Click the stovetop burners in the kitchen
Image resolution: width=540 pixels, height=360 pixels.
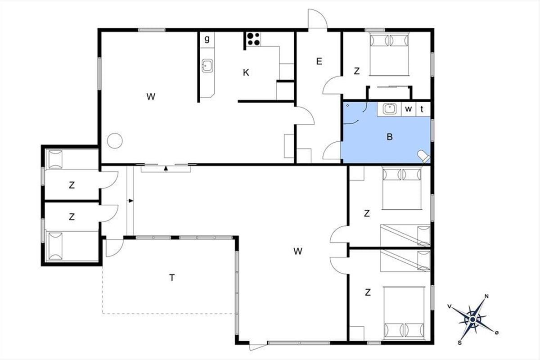[x=253, y=39]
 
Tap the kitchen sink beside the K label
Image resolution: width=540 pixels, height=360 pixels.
[x=207, y=66]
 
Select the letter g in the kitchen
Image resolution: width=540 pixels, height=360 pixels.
[x=207, y=39]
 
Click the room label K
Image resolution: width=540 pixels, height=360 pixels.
[x=246, y=72]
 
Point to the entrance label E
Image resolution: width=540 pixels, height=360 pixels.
[x=319, y=62]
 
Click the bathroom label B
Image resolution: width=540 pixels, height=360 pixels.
[x=390, y=137]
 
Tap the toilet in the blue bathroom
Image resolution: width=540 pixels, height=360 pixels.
[x=424, y=156]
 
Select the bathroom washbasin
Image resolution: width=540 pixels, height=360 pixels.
[x=389, y=109]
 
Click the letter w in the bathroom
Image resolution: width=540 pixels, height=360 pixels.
[x=409, y=109]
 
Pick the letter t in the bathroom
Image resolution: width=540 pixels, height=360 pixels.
[x=422, y=109]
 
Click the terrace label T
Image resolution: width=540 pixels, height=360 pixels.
[x=172, y=278]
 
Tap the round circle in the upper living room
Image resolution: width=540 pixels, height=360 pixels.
[x=115, y=140]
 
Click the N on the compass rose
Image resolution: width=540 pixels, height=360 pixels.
[x=486, y=297]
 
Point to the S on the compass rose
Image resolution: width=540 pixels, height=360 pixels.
[x=460, y=342]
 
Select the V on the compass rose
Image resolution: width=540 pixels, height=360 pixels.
[x=450, y=306]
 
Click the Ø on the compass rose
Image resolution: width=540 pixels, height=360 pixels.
[x=497, y=333]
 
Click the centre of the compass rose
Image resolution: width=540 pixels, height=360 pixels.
[x=473, y=320]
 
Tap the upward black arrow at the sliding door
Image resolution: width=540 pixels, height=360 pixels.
[x=166, y=169]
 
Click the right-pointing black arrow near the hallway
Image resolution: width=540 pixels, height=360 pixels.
[x=130, y=201]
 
